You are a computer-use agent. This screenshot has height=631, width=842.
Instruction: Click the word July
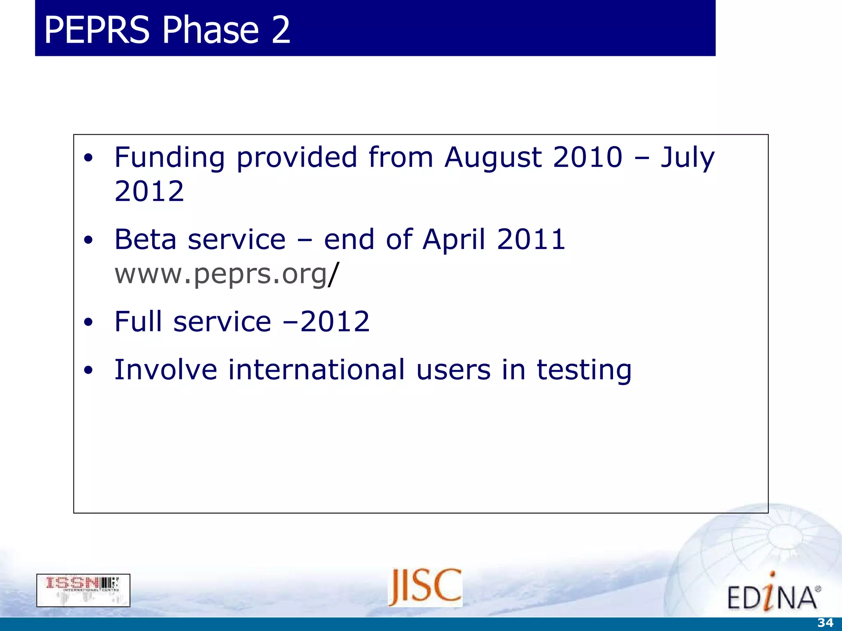coord(687,158)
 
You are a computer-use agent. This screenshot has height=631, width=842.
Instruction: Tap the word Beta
coord(145,240)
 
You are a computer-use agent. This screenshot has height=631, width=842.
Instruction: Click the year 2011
coord(531,240)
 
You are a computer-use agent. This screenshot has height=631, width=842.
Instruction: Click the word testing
coord(584,371)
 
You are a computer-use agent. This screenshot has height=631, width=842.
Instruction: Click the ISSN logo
coord(83,590)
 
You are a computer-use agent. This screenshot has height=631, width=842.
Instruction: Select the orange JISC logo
coord(425,587)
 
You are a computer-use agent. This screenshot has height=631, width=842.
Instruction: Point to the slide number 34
coord(825,623)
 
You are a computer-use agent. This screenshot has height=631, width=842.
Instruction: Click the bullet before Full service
coord(88,323)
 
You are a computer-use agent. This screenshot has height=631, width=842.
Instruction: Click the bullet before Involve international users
coord(88,371)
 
